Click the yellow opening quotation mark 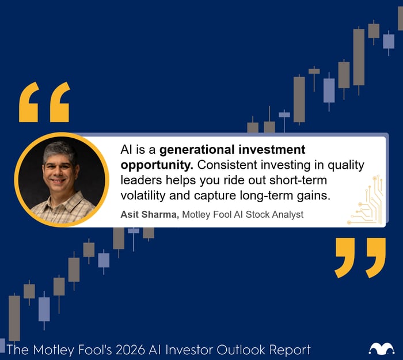point(44,102)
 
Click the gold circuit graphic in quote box point(366,202)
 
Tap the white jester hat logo point(382,348)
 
